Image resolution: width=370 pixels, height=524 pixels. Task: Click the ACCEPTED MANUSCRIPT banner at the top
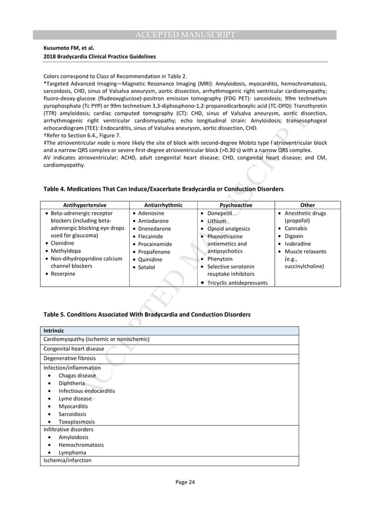click(x=184, y=35)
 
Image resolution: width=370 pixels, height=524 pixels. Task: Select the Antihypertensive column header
click(x=84, y=205)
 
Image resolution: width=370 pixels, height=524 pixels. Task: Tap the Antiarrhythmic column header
click(x=163, y=205)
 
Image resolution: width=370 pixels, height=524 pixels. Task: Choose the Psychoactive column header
click(x=235, y=205)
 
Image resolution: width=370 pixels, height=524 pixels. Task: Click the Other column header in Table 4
click(x=307, y=205)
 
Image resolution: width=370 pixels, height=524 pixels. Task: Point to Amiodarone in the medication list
click(x=154, y=221)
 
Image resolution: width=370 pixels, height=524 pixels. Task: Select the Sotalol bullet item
click(x=148, y=267)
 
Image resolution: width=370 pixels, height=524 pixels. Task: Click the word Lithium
click(x=216, y=221)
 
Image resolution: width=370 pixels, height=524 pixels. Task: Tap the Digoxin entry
click(x=293, y=236)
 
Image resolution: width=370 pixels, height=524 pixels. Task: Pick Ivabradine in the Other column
click(x=298, y=244)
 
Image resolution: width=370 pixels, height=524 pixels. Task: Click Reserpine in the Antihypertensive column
click(x=63, y=274)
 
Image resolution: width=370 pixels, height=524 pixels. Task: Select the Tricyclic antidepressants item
click(x=237, y=283)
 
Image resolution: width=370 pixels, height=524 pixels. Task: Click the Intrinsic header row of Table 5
click(x=54, y=331)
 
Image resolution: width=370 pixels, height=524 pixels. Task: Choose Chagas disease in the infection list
click(x=77, y=375)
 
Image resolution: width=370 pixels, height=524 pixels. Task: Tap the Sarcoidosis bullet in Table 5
click(x=72, y=414)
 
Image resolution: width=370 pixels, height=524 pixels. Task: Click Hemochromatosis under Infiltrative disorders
click(x=81, y=445)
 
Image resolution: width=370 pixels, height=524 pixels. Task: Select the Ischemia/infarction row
click(x=67, y=460)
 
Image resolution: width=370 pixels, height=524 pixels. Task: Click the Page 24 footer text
click(x=184, y=482)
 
